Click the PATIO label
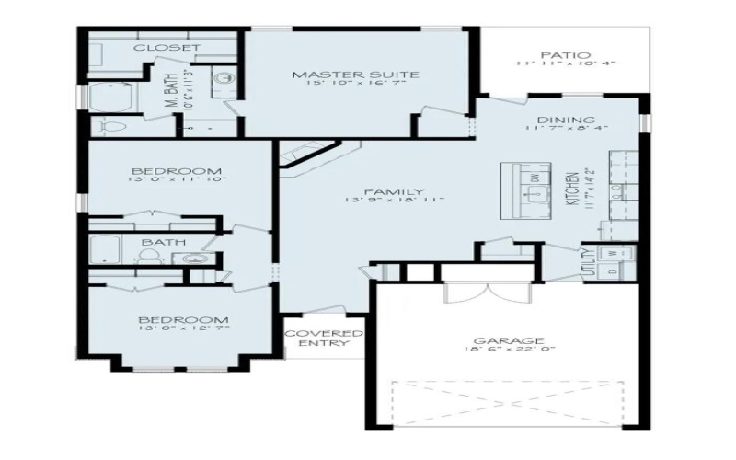[565, 55]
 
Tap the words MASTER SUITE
[355, 75]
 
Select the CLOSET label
[167, 47]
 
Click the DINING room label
[566, 120]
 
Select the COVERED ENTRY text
[323, 338]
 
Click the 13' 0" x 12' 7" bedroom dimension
[183, 327]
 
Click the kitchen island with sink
[526, 190]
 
